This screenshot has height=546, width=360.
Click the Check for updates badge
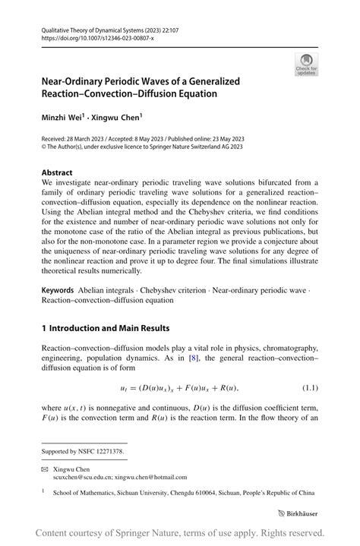coord(305,65)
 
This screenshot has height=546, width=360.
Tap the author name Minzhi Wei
coord(62,118)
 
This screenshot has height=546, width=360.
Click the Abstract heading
coord(57,172)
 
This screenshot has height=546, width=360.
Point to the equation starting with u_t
coord(181,388)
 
